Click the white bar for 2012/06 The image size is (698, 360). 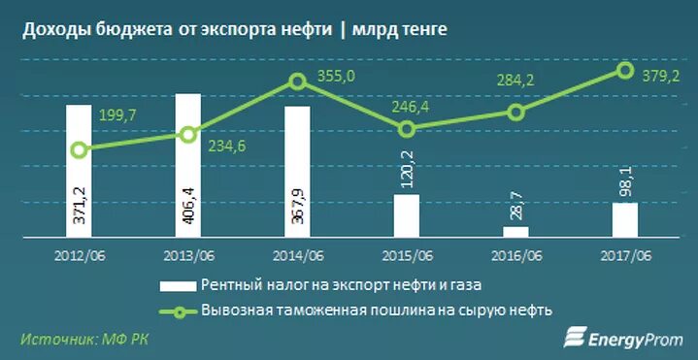point(80,171)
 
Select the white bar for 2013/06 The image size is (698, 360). point(188,165)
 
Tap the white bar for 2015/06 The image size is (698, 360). point(407,215)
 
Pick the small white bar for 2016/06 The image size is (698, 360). point(515,232)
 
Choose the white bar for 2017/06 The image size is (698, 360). point(625,219)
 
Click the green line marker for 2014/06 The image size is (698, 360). point(298,82)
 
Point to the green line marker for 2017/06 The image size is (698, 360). point(625,70)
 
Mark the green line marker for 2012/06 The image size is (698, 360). point(80,149)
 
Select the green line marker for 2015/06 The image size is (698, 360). point(407,128)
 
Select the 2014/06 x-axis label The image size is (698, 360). point(297,257)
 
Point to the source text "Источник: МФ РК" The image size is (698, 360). point(85,339)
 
